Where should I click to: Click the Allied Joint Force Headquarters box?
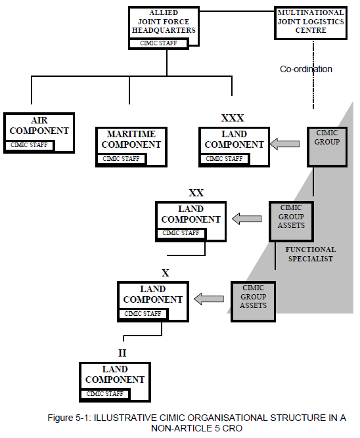[163, 22]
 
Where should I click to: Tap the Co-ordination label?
[305, 69]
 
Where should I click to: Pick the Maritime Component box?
[133, 139]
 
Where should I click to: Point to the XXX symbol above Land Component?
[232, 118]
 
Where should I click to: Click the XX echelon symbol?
[196, 192]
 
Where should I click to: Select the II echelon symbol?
[122, 353]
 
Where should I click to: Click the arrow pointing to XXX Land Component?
[284, 144]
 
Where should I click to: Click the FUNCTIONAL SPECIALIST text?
[310, 254]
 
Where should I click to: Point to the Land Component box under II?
[114, 376]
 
